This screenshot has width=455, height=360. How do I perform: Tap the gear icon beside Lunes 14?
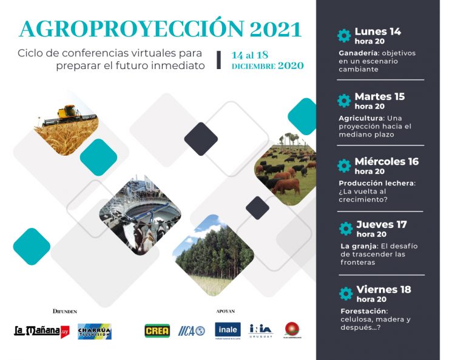[344, 35]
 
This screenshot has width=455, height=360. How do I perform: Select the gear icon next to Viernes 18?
[346, 293]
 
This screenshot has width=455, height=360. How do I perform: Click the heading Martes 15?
[379, 96]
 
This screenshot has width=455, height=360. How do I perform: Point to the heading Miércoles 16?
[386, 161]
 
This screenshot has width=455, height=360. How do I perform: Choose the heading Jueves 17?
[382, 224]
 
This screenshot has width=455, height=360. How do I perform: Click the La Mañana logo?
[42, 331]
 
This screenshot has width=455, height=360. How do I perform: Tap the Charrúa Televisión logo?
[95, 331]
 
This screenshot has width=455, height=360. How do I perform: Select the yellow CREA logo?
[157, 331]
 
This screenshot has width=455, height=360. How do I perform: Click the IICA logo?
[192, 331]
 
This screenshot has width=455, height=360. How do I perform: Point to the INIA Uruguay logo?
[261, 330]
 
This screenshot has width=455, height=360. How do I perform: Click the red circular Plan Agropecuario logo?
[293, 330]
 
